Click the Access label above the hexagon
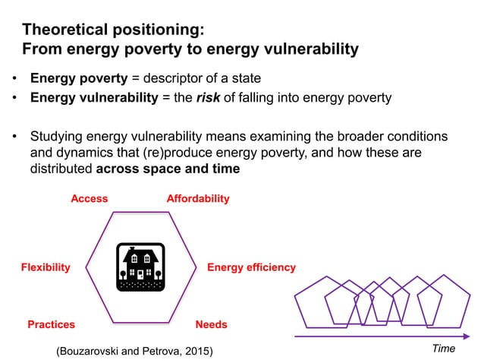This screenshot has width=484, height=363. click(x=89, y=199)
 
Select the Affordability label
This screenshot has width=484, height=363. click(x=197, y=199)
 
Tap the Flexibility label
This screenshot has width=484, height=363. click(x=45, y=267)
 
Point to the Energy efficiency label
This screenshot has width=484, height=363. click(x=251, y=267)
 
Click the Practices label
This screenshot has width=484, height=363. click(x=51, y=324)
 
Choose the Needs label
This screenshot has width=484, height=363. click(x=211, y=324)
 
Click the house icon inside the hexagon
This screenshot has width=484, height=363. click(x=140, y=267)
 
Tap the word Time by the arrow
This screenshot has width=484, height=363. click(x=443, y=349)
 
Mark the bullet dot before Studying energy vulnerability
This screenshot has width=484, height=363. click(x=14, y=137)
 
